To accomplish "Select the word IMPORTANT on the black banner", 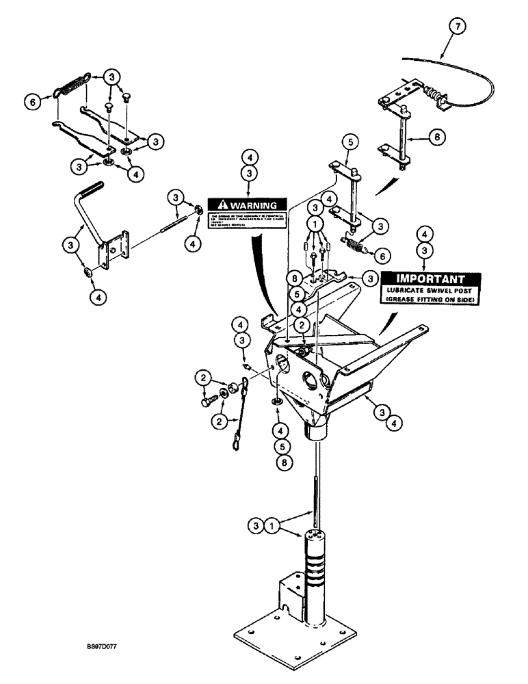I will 430,279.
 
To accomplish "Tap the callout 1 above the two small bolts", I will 315,222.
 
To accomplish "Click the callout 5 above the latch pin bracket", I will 350,142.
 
